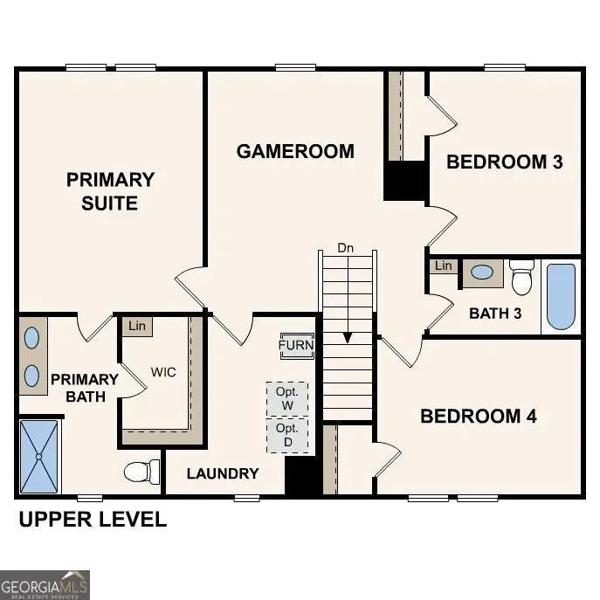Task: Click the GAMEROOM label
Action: click(x=295, y=151)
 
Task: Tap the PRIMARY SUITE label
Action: click(x=110, y=191)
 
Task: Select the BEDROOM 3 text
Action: click(x=504, y=162)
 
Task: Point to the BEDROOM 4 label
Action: click(x=478, y=416)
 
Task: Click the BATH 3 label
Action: click(x=495, y=313)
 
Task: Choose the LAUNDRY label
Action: click(x=224, y=473)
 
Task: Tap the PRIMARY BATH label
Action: click(x=84, y=388)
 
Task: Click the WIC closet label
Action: click(x=163, y=372)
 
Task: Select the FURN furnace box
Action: click(x=296, y=345)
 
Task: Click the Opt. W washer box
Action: click(x=287, y=399)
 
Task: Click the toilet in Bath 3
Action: click(x=522, y=278)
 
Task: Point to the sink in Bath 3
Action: click(x=480, y=272)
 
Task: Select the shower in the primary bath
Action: click(x=39, y=455)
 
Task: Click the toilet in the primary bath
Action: click(x=141, y=472)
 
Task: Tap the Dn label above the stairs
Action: click(x=347, y=248)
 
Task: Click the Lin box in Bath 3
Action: click(x=444, y=266)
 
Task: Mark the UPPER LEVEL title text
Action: click(x=93, y=520)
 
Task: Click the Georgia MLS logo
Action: click(x=45, y=584)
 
